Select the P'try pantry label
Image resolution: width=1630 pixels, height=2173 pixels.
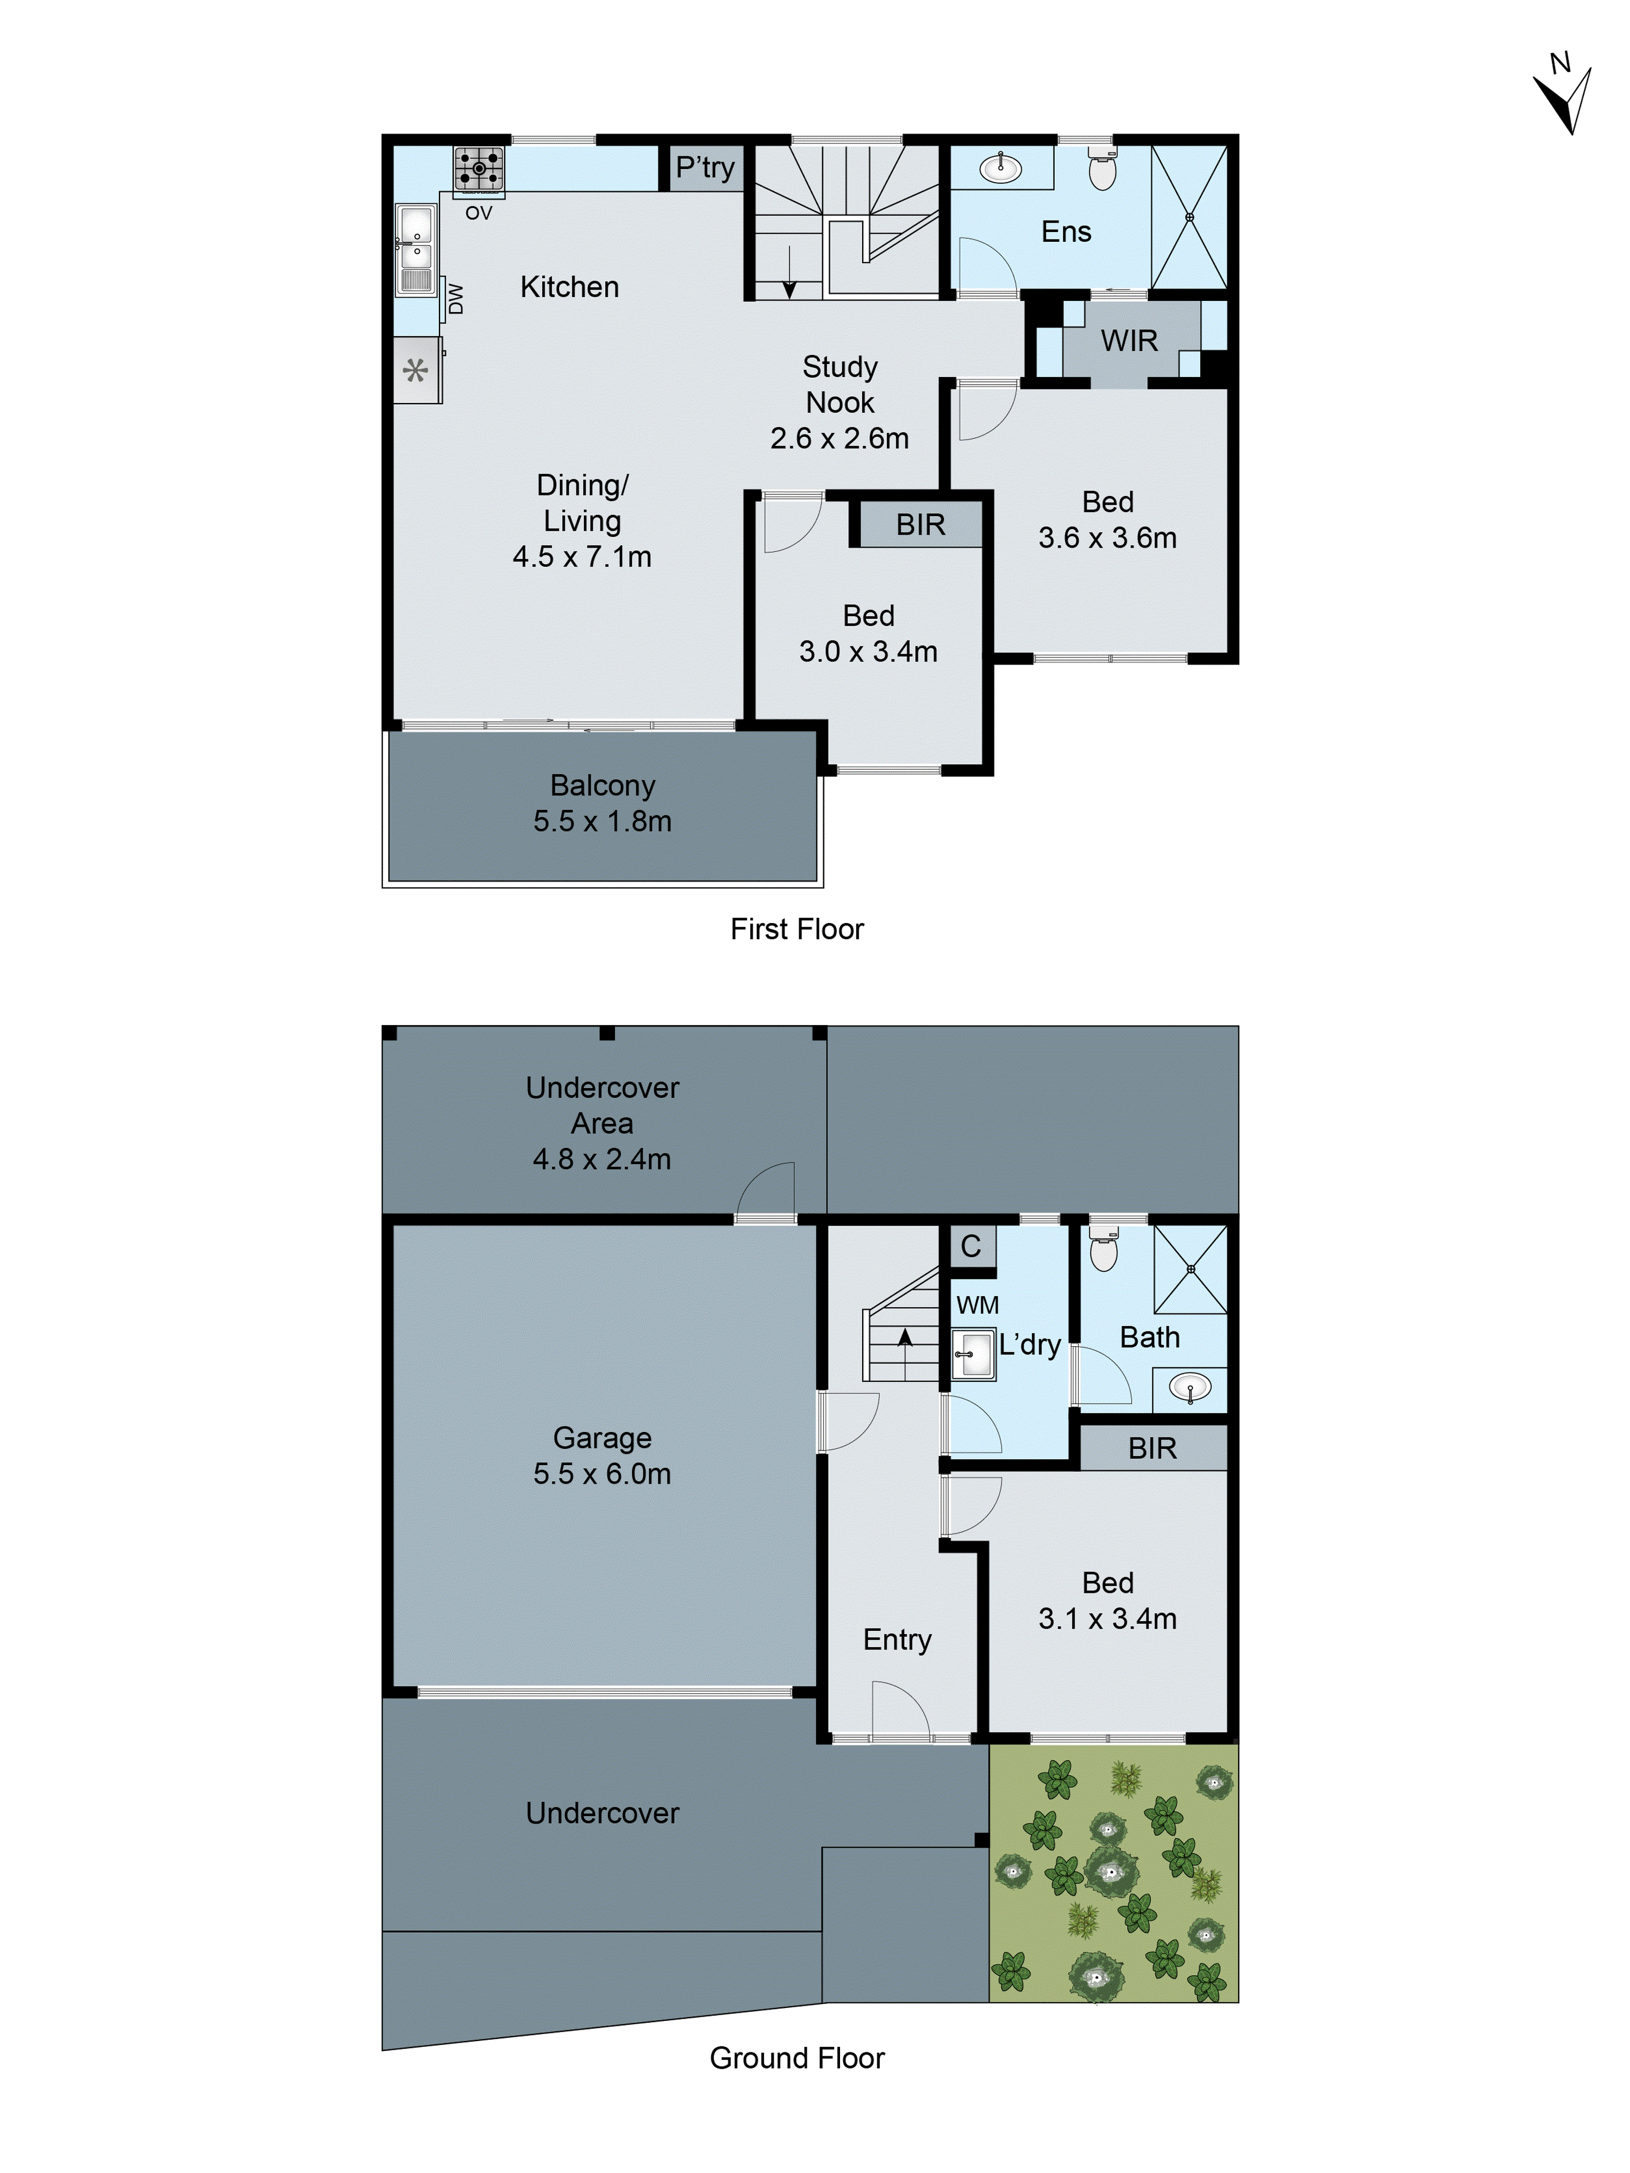click(705, 168)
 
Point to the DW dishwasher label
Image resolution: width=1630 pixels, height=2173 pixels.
click(455, 299)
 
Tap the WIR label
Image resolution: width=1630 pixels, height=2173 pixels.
click(1129, 341)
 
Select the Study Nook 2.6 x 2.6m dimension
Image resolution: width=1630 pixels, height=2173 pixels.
click(839, 438)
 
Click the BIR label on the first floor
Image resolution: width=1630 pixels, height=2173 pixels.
click(920, 525)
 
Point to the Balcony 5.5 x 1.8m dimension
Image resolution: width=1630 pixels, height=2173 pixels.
click(601, 821)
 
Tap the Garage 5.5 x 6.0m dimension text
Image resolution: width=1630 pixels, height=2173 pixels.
click(601, 1473)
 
